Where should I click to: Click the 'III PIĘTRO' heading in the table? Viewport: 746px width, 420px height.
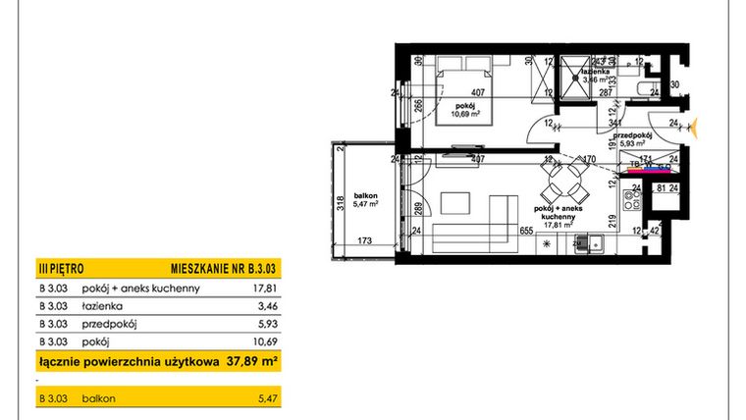tap(61, 267)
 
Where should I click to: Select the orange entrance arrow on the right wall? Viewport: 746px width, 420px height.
tap(695, 126)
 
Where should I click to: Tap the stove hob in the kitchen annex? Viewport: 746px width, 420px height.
tap(633, 202)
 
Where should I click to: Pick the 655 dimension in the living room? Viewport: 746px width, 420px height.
tap(525, 232)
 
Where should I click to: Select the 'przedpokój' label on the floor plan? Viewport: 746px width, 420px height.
tap(633, 134)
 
